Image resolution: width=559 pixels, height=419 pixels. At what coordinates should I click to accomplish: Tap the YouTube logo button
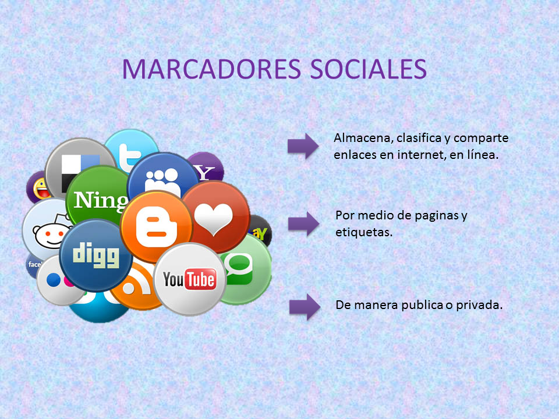189,279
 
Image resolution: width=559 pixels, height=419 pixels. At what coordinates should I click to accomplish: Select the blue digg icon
95,254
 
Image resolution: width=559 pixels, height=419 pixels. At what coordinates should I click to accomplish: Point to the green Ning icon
96,198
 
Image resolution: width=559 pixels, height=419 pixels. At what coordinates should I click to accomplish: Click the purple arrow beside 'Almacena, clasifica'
303,145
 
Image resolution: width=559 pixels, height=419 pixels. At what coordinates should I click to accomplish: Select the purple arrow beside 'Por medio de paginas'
303,222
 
